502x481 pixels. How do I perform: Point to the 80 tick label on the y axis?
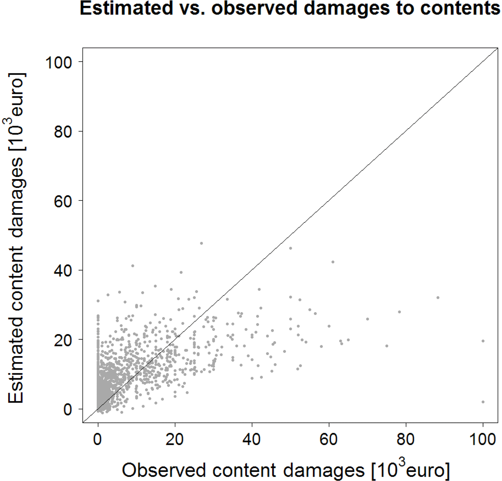tap(62, 131)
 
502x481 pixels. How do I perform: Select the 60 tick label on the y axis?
tap(62, 201)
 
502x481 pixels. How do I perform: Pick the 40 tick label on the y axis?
tap(62, 270)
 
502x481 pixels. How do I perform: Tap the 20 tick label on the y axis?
tap(62, 340)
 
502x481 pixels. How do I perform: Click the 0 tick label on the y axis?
tap(67, 410)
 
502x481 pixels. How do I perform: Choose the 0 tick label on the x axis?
tap(98, 439)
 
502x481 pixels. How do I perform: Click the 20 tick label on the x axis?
tap(175, 439)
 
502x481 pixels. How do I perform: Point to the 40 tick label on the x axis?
tap(252, 439)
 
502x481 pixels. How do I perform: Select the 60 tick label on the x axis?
tap(329, 439)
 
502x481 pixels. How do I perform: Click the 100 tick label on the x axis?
tap(483, 439)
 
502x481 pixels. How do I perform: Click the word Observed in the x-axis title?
tap(164, 470)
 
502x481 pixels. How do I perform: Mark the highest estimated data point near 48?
tap(201, 243)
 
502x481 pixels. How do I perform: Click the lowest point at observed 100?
tap(483, 402)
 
